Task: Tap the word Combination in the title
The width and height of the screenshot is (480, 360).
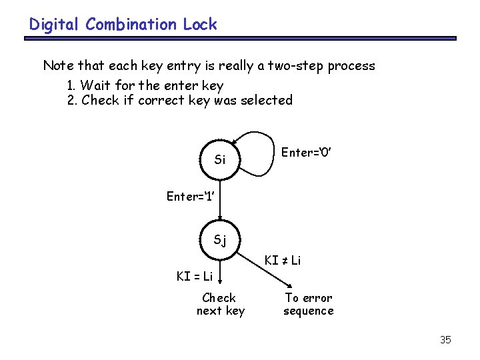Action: [x=132, y=25]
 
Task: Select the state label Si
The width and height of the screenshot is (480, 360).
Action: [x=220, y=160]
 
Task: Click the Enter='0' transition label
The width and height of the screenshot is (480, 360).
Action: [x=307, y=153]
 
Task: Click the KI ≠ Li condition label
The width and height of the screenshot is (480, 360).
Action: [x=283, y=260]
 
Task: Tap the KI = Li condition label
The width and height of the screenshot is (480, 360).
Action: [x=195, y=276]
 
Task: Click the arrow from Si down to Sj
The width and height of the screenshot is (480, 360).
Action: [x=221, y=207]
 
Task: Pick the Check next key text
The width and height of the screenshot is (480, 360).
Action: [x=220, y=304]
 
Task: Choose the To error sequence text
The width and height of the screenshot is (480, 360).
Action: [x=308, y=304]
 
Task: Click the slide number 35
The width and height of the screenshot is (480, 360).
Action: [x=445, y=340]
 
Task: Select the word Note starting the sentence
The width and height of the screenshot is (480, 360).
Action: [x=59, y=66]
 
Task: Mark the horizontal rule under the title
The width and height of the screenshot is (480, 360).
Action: [x=240, y=39]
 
